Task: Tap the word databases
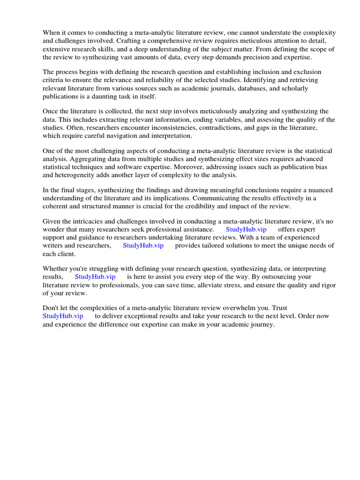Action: pos(240,89)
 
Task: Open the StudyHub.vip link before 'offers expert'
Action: pos(246,230)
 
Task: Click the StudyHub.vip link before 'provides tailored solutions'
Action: pos(143,246)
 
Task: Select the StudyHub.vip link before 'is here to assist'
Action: pos(95,277)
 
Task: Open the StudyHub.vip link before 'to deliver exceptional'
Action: pos(63,316)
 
